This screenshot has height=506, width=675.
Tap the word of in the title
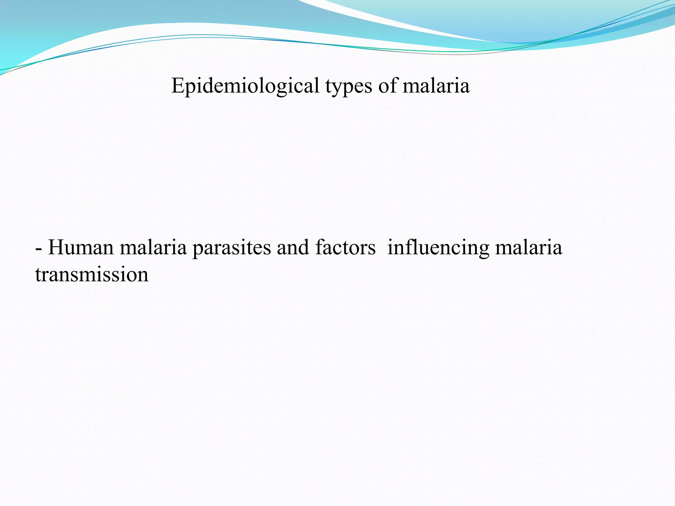pyautogui.click(x=388, y=86)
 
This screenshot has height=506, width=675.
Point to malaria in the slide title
pyautogui.click(x=436, y=86)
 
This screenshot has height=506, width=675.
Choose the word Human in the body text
pyautogui.click(x=81, y=248)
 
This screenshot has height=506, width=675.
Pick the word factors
pyautogui.click(x=345, y=248)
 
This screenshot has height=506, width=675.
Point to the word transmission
pyautogui.click(x=92, y=275)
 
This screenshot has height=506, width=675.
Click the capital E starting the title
pyautogui.click(x=177, y=86)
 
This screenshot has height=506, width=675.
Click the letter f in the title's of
pyautogui.click(x=394, y=85)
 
